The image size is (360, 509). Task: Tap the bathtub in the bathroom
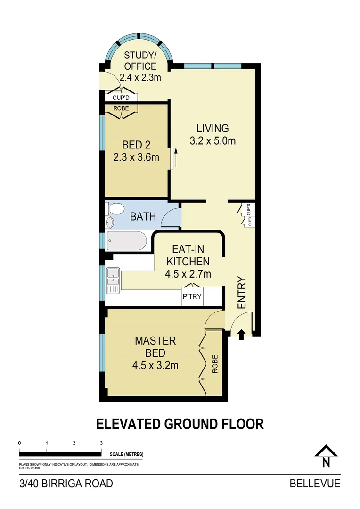pyautogui.click(x=127, y=241)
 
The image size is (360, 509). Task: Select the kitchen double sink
pyautogui.click(x=113, y=279)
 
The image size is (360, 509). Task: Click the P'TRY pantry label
pyautogui.click(x=192, y=297)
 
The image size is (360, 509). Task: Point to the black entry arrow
pyautogui.click(x=241, y=334)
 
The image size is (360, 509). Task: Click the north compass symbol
pyautogui.click(x=326, y=456)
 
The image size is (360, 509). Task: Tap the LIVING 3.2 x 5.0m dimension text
pyautogui.click(x=213, y=140)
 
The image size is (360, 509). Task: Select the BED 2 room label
pyautogui.click(x=136, y=144)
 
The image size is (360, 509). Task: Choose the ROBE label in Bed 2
pyautogui.click(x=121, y=108)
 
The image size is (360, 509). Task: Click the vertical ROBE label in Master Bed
pyautogui.click(x=214, y=364)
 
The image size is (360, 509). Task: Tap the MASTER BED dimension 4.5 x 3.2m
pyautogui.click(x=155, y=365)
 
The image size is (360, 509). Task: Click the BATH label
pyautogui.click(x=143, y=217)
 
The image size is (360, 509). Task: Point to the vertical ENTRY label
pyautogui.click(x=242, y=293)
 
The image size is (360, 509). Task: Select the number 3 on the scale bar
pyautogui.click(x=101, y=443)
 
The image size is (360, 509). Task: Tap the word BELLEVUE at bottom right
pyautogui.click(x=314, y=484)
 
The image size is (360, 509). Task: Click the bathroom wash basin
pyautogui.click(x=110, y=222)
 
